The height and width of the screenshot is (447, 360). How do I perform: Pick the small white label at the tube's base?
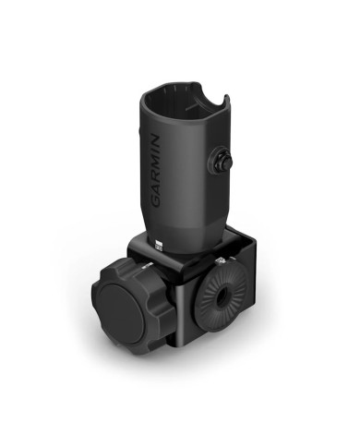159,246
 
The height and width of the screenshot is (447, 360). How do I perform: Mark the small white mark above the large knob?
144,267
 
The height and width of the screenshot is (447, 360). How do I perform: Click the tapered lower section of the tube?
185,222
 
